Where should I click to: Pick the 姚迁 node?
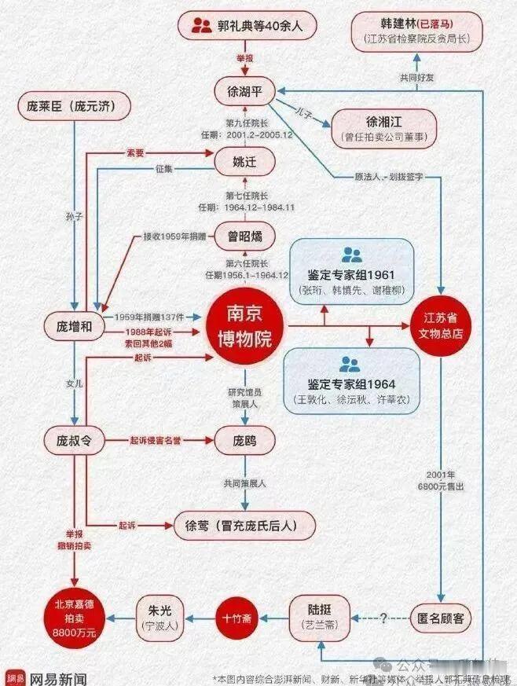pyautogui.click(x=244, y=163)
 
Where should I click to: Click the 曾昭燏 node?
pyautogui.click(x=245, y=236)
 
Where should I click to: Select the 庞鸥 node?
pyautogui.click(x=244, y=440)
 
